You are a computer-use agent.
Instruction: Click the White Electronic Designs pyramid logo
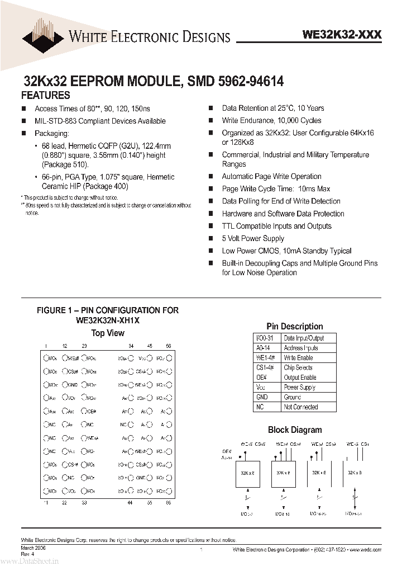(42, 35)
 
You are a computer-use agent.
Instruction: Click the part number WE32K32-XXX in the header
(342, 35)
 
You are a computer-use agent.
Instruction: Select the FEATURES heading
(46, 95)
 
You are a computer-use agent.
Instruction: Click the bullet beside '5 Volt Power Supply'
(211, 239)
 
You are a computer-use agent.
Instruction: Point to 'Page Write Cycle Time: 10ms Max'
(276, 189)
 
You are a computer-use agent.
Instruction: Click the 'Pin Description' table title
(294, 327)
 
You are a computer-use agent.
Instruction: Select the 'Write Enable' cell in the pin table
(298, 358)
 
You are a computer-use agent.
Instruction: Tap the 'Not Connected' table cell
(301, 407)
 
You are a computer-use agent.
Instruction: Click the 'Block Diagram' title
(295, 430)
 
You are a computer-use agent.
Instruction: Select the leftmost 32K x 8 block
(247, 473)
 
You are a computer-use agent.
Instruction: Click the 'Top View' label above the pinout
(108, 333)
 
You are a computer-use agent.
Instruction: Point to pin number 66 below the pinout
(169, 503)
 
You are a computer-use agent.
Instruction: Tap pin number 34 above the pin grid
(131, 347)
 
